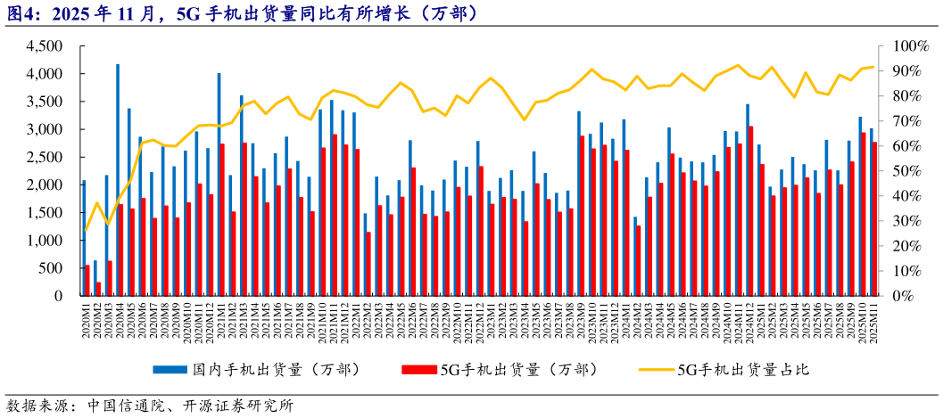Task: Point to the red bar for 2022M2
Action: (x=368, y=264)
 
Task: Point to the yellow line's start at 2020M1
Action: (x=85, y=232)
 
